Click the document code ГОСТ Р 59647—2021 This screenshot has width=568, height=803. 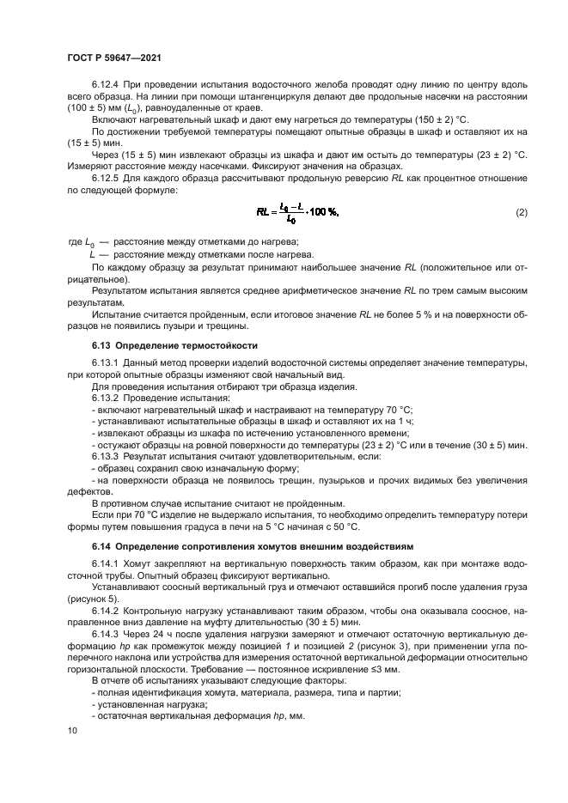tap(114, 57)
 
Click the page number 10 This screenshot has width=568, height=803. tap(71, 731)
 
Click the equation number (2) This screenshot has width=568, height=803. tap(521, 211)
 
